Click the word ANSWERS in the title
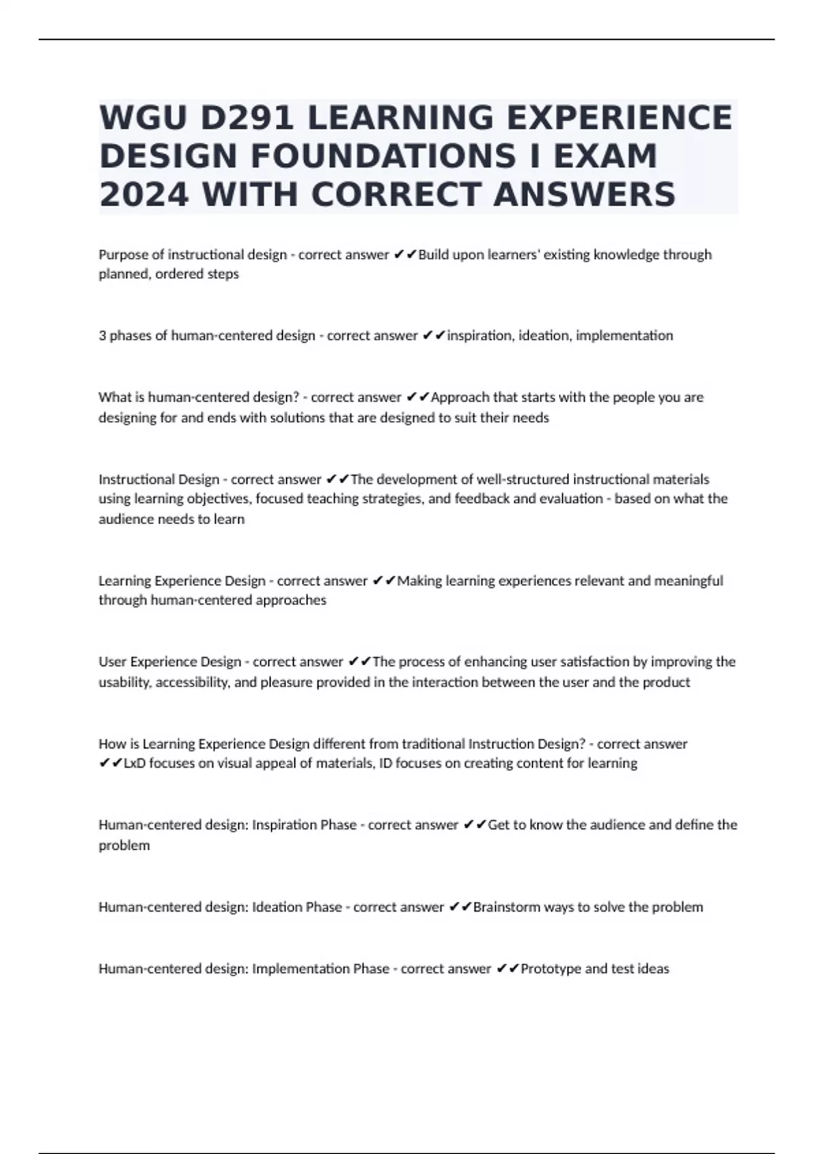pyautogui.click(x=584, y=195)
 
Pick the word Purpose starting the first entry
pyautogui.click(x=123, y=255)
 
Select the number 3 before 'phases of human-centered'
pyautogui.click(x=102, y=335)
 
